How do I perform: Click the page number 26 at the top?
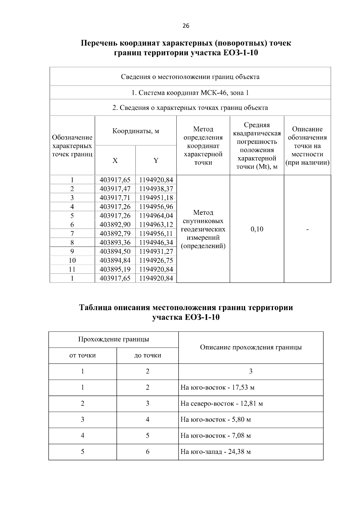[186, 26]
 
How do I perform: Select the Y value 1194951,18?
[156, 198]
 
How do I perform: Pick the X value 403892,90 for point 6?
[115, 225]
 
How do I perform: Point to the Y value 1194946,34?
[156, 242]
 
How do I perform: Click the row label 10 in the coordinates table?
[72, 260]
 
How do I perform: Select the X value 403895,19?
[115, 269]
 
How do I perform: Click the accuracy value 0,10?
[257, 229]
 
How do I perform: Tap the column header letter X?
[115, 160]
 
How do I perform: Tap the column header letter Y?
[156, 160]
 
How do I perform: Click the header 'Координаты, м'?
[136, 131]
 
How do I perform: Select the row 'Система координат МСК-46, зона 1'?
[190, 93]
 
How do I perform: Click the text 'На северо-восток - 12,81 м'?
[221, 403]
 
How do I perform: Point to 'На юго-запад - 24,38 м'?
[215, 452]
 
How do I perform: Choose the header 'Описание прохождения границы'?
[250, 347]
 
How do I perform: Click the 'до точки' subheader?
[147, 355]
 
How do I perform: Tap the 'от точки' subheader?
[82, 355]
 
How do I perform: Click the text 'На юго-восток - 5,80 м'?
[215, 419]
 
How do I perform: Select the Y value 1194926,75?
[156, 260]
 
